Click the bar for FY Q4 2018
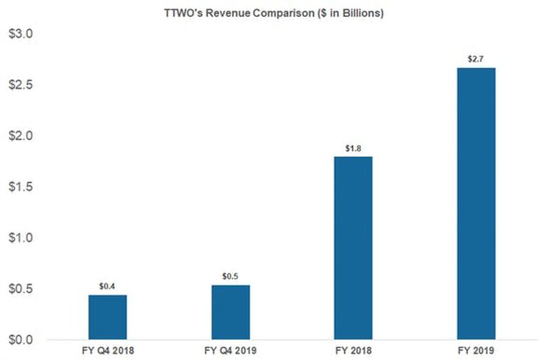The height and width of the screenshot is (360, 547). [108, 317]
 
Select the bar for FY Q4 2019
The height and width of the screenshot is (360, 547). [230, 312]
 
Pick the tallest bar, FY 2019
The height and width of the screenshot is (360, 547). [476, 203]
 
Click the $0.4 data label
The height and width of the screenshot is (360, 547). [108, 286]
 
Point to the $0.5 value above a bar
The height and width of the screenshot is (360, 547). [230, 276]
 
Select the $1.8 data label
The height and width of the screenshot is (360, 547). [353, 148]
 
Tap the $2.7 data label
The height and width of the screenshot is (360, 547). [476, 58]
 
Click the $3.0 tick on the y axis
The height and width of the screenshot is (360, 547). [21, 34]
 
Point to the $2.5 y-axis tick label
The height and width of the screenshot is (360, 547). [21, 85]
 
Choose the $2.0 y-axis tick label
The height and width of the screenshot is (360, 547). [21, 136]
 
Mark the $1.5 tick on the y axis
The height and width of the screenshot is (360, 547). [21, 187]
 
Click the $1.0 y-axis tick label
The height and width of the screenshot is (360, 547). [21, 237]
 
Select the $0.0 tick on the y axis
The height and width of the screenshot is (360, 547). [21, 339]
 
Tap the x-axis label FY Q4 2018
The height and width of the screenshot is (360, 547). [108, 350]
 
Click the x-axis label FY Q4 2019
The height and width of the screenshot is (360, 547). [230, 350]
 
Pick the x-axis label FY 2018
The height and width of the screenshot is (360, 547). [353, 350]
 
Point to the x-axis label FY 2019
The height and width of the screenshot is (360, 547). [476, 350]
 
